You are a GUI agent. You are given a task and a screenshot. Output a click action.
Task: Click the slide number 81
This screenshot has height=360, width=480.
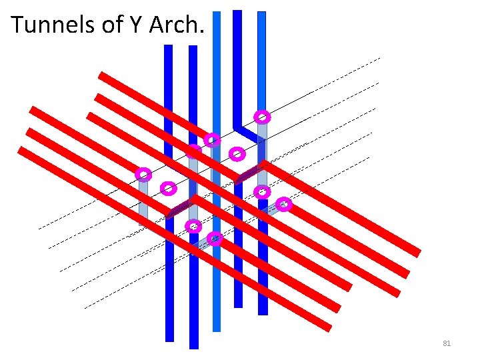447,343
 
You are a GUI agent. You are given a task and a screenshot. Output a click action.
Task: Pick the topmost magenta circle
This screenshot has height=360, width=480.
263,117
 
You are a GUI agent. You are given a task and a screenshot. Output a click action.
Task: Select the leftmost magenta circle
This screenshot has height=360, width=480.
143,175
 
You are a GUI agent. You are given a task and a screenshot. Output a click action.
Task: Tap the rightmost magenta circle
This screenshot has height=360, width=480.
284,204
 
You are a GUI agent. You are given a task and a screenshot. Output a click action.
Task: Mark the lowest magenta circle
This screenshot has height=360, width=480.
215,238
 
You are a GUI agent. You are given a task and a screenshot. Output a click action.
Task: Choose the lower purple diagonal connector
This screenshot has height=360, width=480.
180,208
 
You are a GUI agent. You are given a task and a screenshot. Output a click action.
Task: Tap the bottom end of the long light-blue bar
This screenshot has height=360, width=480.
216,328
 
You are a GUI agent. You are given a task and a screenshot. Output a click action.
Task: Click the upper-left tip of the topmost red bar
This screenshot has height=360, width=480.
101,74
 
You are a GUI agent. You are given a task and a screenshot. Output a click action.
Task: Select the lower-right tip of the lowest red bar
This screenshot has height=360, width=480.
328,327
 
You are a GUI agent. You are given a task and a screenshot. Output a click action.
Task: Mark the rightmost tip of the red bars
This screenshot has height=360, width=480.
419,253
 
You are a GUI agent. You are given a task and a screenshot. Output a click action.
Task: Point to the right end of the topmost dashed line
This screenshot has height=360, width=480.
380,59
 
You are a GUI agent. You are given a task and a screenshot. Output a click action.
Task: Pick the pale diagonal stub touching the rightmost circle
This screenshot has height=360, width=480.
272,210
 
